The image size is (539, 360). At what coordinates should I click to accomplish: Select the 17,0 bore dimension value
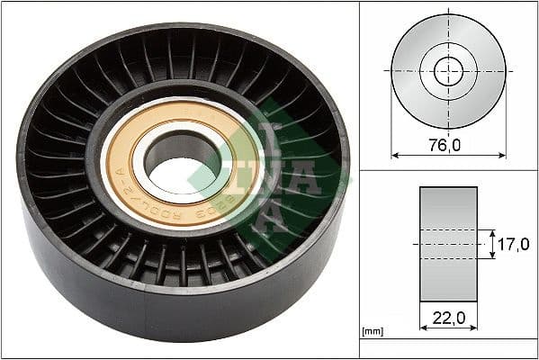tap(514, 244)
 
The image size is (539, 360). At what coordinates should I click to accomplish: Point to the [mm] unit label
tap(372, 332)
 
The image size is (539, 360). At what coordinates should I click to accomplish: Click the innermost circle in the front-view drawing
tap(448, 71)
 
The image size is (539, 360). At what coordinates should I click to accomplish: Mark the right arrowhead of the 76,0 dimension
tap(502, 155)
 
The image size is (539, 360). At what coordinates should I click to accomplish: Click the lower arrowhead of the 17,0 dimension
tap(492, 256)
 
